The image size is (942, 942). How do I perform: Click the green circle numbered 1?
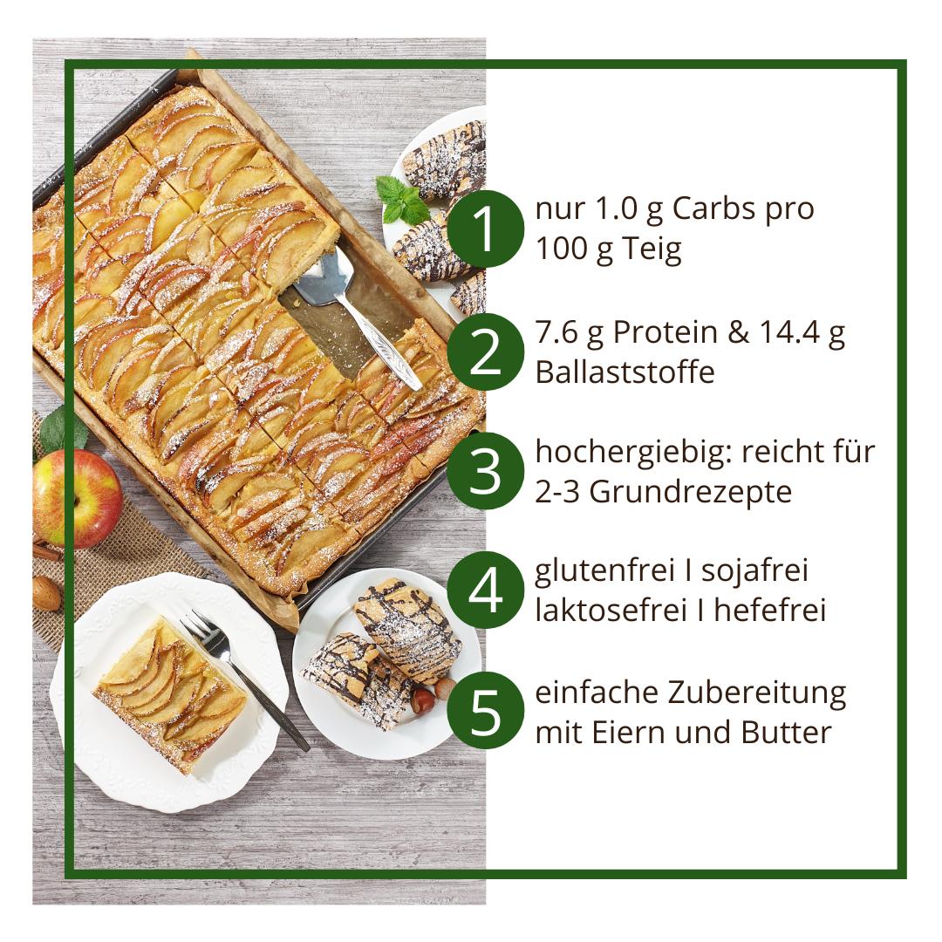click(x=485, y=229)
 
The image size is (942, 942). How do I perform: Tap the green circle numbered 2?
click(x=485, y=352)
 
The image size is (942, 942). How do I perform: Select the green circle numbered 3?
click(x=485, y=471)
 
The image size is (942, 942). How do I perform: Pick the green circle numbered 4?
click(x=485, y=590)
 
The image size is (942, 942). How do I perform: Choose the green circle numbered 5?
click(x=485, y=710)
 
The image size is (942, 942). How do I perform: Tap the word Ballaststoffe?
click(x=625, y=372)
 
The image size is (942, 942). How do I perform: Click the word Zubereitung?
click(x=757, y=693)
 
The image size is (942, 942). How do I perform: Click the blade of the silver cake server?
click(x=321, y=278)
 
